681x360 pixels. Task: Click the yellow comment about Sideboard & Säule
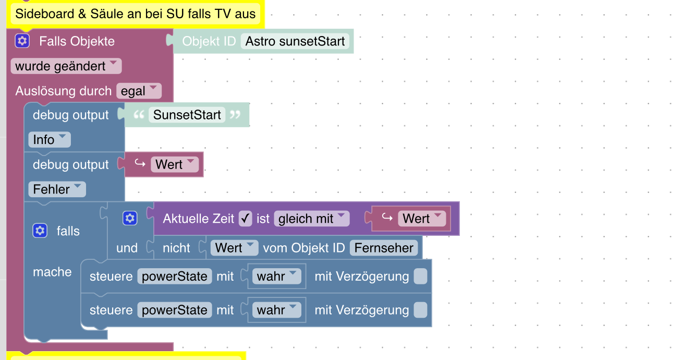(136, 14)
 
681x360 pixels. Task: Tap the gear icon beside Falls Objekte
(22, 41)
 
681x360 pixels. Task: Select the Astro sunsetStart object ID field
(295, 41)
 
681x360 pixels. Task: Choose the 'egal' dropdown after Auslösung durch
(139, 91)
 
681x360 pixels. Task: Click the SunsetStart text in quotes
(187, 115)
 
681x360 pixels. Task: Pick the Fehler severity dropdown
(57, 189)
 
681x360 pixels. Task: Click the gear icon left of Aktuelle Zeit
(130, 219)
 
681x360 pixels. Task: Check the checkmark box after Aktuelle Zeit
(245, 219)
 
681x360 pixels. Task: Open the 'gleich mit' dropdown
(311, 219)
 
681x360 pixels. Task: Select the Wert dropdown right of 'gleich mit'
(422, 219)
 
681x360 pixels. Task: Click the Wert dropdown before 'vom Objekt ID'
(234, 248)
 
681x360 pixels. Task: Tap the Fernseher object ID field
(384, 248)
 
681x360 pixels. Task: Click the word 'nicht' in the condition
(176, 248)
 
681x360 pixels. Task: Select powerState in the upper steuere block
(175, 276)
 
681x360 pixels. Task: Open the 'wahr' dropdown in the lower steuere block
(276, 310)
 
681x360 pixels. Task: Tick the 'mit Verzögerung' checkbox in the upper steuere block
(420, 276)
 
